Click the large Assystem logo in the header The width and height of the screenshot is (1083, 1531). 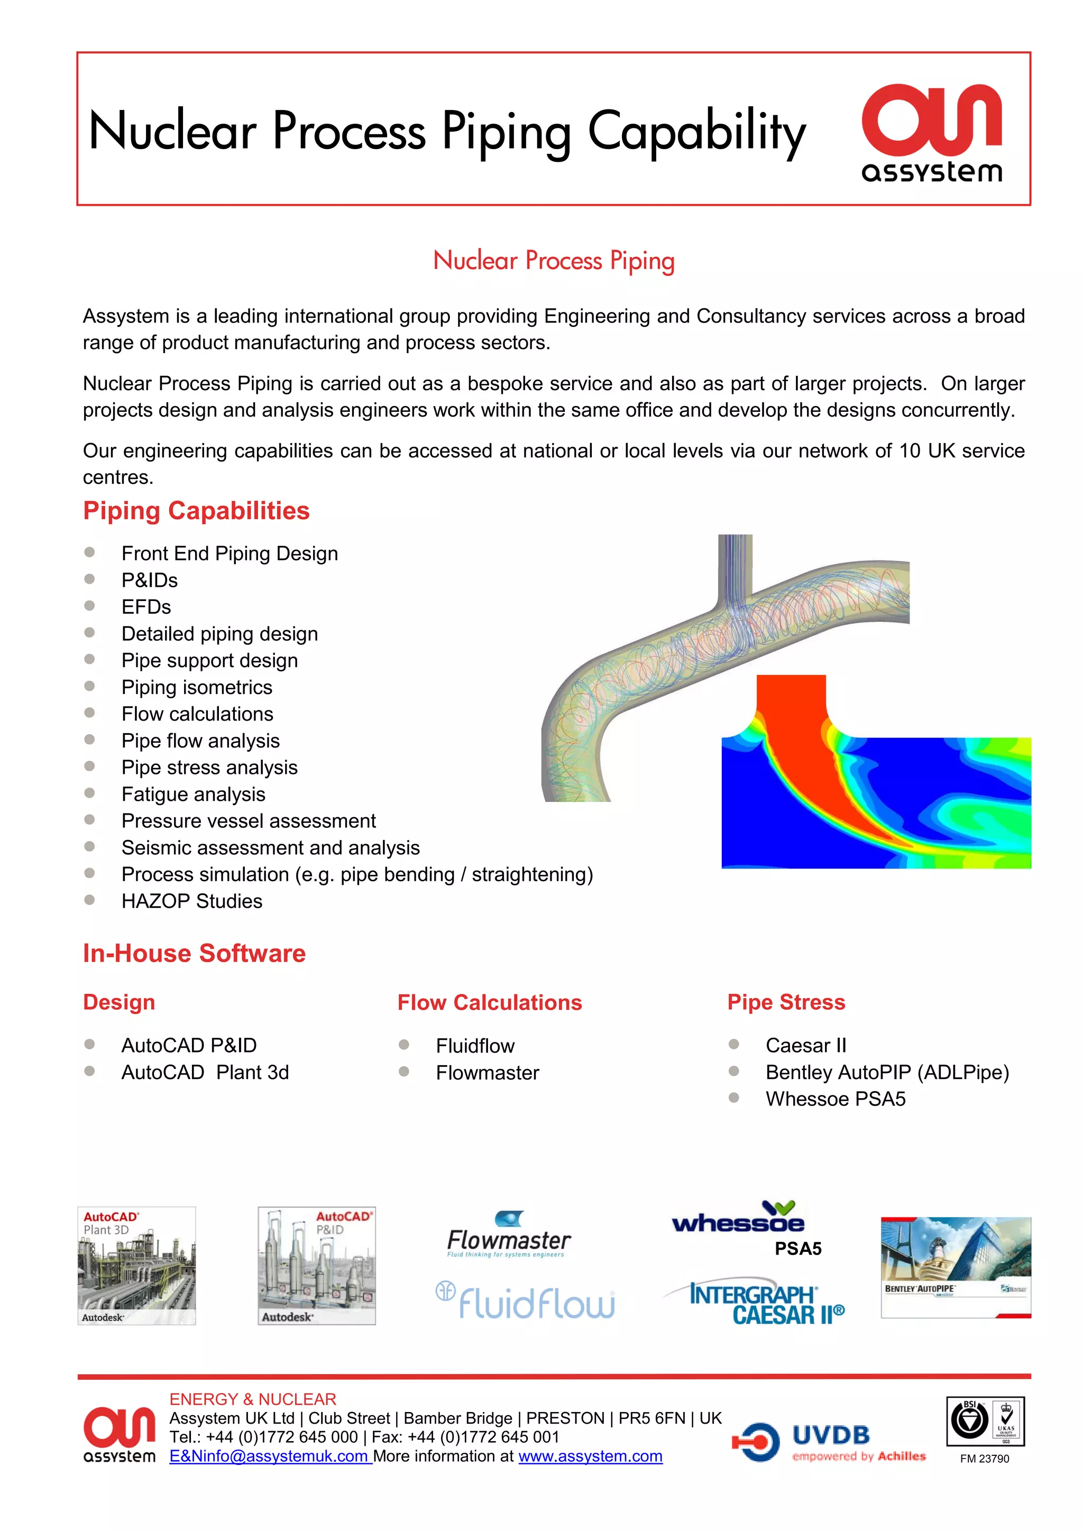[x=932, y=133]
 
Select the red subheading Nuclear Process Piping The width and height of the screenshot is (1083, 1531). [x=554, y=260]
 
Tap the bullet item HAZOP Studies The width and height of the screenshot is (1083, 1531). [x=191, y=901]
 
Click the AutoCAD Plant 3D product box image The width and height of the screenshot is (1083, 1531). [x=137, y=1265]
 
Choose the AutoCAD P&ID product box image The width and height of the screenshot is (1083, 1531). [x=317, y=1265]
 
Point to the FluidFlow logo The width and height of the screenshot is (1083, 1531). [x=527, y=1301]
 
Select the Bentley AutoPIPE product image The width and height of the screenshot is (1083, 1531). [x=955, y=1267]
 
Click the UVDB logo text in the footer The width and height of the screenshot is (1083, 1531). [x=830, y=1435]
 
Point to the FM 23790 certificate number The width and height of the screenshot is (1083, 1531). [x=984, y=1459]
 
